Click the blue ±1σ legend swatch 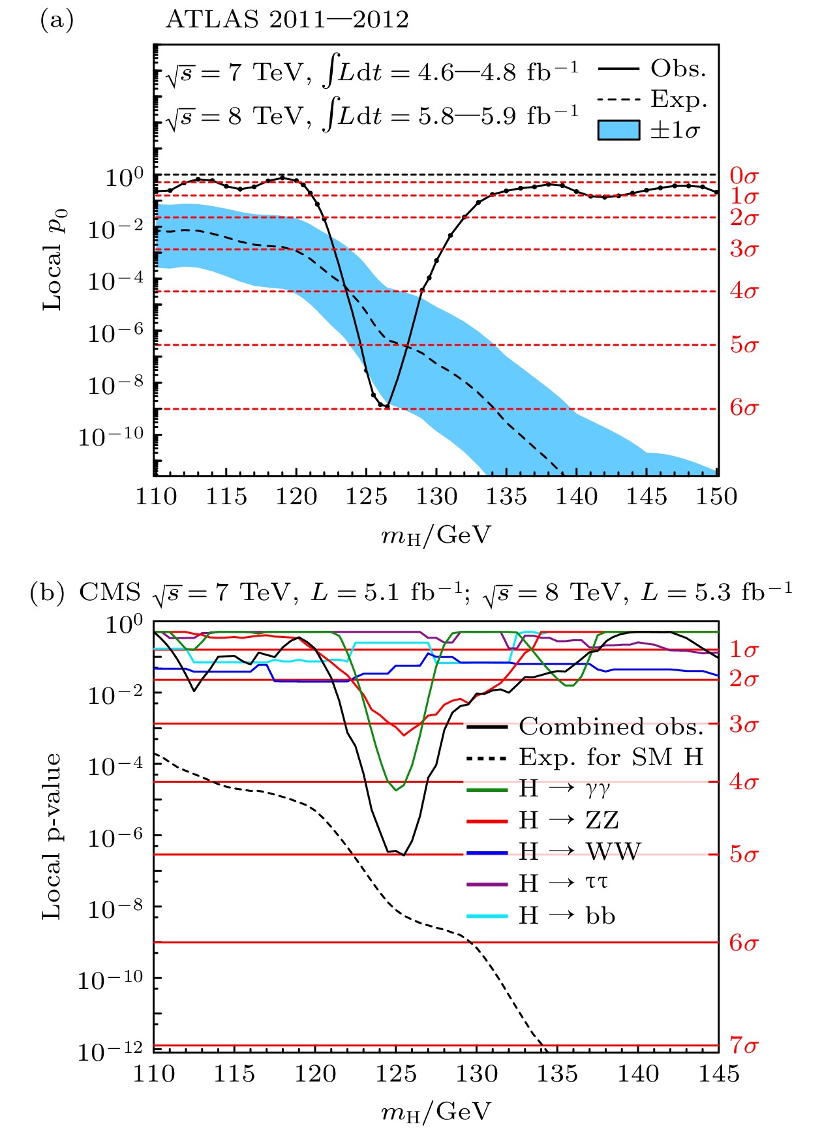point(618,130)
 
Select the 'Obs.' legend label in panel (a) point(678,68)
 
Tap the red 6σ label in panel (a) point(744,408)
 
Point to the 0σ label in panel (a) point(744,175)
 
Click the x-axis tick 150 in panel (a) point(716,497)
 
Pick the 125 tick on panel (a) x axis point(366,497)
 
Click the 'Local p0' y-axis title point(55,260)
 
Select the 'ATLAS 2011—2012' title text point(287,20)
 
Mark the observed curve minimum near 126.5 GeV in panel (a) point(387,406)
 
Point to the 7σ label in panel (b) point(744,1045)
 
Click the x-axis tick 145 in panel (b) point(718,1074)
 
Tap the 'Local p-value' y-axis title point(52,836)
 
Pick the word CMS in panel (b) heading point(110,592)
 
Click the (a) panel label point(57,20)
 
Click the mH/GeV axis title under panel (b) point(435,1112)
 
